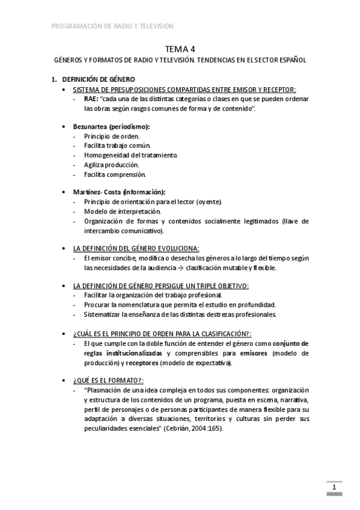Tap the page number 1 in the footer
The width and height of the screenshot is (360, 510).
334,487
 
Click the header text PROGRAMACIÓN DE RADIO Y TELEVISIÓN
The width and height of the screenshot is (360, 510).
112,26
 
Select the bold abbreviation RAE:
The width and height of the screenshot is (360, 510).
91,99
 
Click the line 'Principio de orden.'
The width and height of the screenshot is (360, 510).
112,137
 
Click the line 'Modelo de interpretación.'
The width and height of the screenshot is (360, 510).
123,211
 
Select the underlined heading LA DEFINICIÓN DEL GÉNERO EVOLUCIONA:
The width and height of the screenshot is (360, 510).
136,248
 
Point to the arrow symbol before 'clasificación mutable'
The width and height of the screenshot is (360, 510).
180,268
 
